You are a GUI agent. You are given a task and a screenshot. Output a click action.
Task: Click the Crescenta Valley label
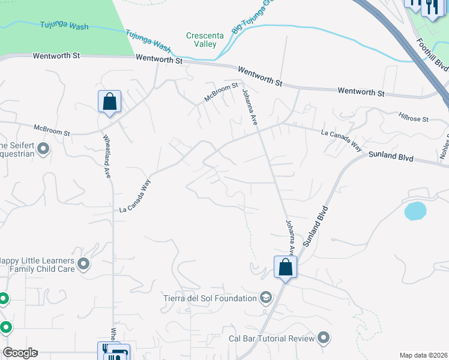click(205, 40)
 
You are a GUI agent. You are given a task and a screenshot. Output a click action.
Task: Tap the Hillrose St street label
click(413, 115)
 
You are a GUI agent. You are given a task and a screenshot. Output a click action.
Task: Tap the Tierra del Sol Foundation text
click(209, 298)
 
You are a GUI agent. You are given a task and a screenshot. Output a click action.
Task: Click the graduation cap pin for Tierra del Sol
click(265, 298)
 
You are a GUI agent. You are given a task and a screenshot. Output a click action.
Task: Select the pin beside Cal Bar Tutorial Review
click(324, 338)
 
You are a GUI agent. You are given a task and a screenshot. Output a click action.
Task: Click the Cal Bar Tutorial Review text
click(272, 338)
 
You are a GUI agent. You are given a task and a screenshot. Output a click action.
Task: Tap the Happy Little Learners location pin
click(83, 263)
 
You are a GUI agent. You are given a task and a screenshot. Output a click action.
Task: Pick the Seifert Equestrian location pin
click(43, 148)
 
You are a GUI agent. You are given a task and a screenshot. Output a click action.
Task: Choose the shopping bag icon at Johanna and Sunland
click(285, 266)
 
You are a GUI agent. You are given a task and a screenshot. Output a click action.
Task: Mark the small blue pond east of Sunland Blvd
click(415, 211)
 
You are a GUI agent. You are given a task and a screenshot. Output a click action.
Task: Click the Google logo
click(20, 353)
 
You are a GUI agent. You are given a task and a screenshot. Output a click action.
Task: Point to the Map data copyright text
click(424, 355)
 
